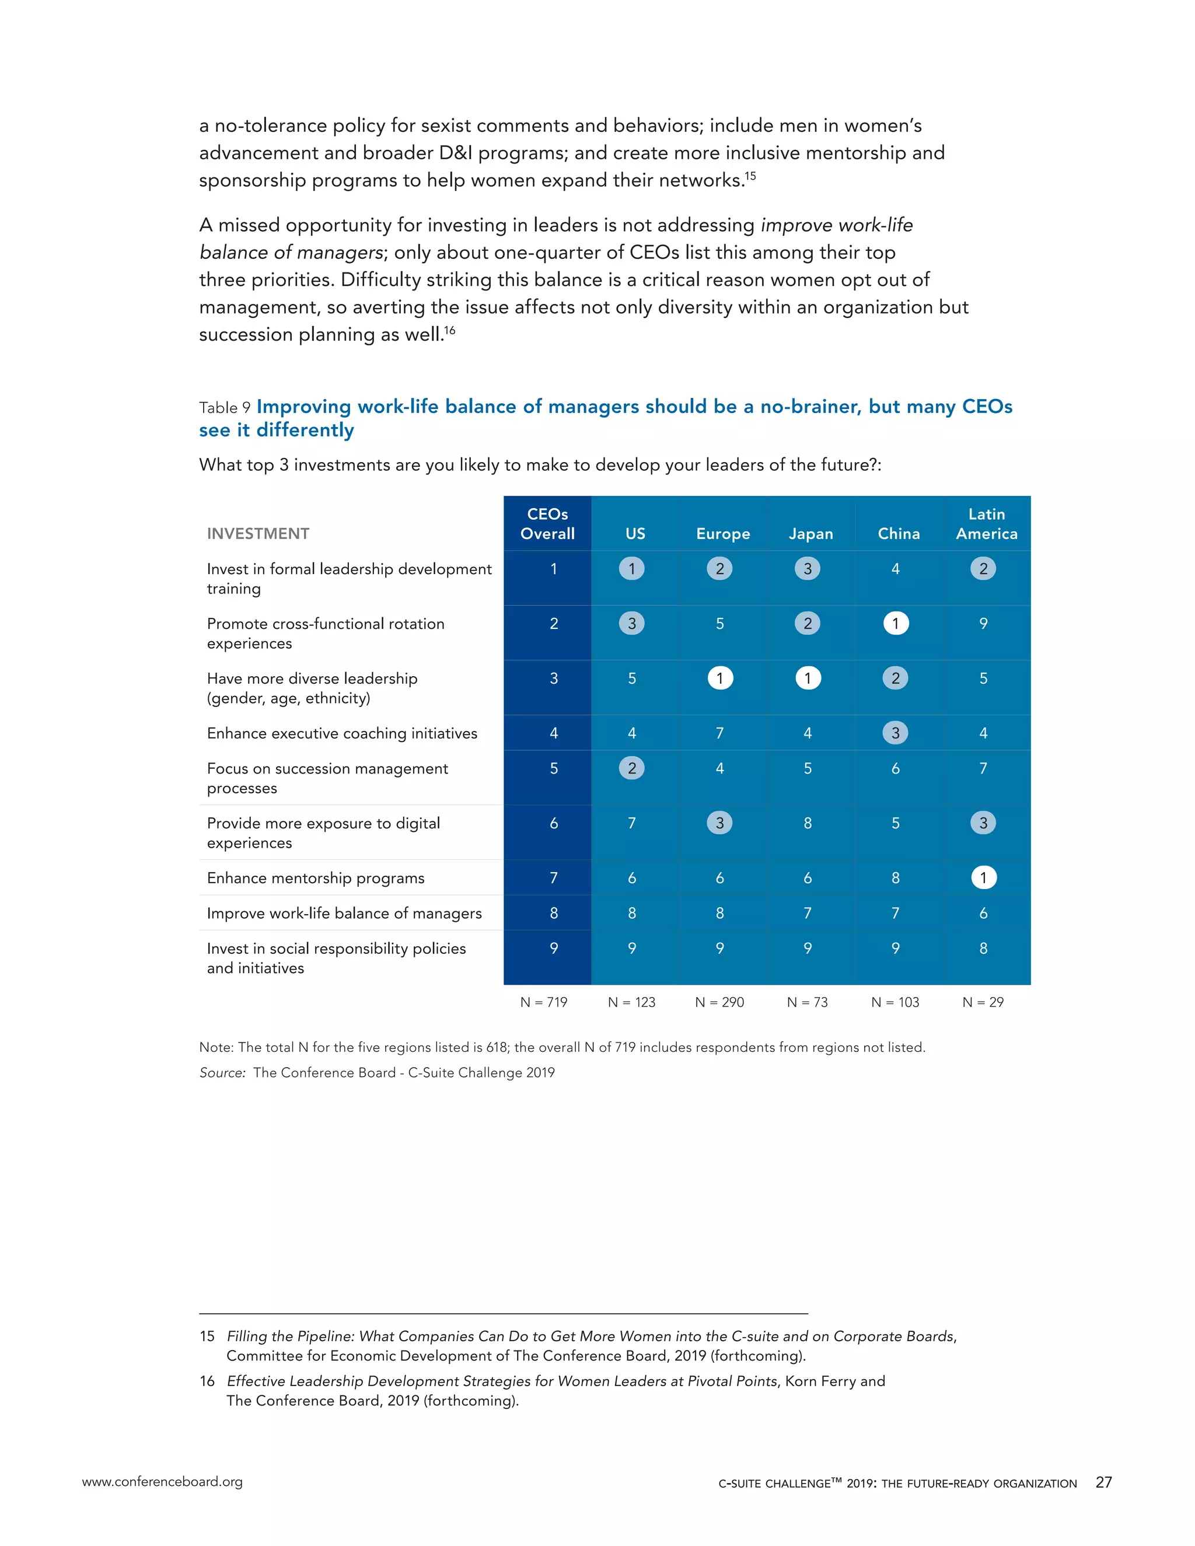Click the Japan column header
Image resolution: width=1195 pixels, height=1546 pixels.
click(810, 534)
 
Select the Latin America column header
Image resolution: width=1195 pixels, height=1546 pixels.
click(986, 524)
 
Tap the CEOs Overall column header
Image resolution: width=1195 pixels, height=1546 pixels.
click(547, 524)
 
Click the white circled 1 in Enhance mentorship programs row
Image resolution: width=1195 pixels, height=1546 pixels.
click(983, 878)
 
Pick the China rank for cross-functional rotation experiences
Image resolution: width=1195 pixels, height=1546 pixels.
click(896, 624)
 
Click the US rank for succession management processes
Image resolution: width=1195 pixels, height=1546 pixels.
click(631, 768)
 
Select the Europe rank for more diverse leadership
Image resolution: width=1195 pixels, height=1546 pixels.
click(720, 678)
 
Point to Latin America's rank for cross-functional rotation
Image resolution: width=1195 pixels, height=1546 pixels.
click(983, 624)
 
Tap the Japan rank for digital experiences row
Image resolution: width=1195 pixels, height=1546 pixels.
click(808, 823)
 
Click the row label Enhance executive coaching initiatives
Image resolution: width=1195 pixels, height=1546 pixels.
click(342, 733)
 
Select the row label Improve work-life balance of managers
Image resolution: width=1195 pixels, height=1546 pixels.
click(344, 913)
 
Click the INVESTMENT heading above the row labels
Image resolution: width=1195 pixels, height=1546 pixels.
click(258, 534)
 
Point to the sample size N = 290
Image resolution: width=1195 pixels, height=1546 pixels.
click(719, 1002)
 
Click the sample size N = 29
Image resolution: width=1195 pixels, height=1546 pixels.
click(983, 1002)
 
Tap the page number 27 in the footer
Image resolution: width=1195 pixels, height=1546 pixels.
click(1103, 1482)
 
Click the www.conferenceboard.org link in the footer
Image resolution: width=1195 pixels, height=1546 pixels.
click(162, 1482)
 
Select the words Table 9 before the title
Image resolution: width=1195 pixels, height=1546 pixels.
click(225, 408)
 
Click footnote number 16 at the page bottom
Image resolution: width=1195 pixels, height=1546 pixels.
click(207, 1381)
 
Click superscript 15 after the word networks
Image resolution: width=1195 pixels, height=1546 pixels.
click(750, 176)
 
